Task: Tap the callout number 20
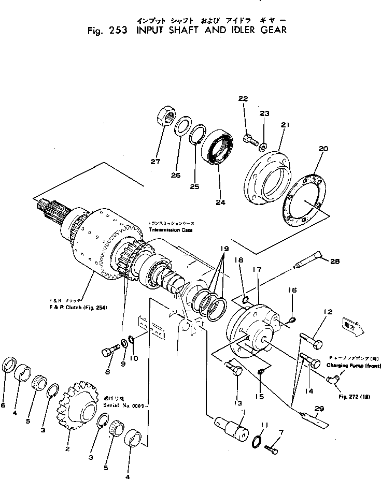(323, 149)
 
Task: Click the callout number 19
(223, 249)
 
